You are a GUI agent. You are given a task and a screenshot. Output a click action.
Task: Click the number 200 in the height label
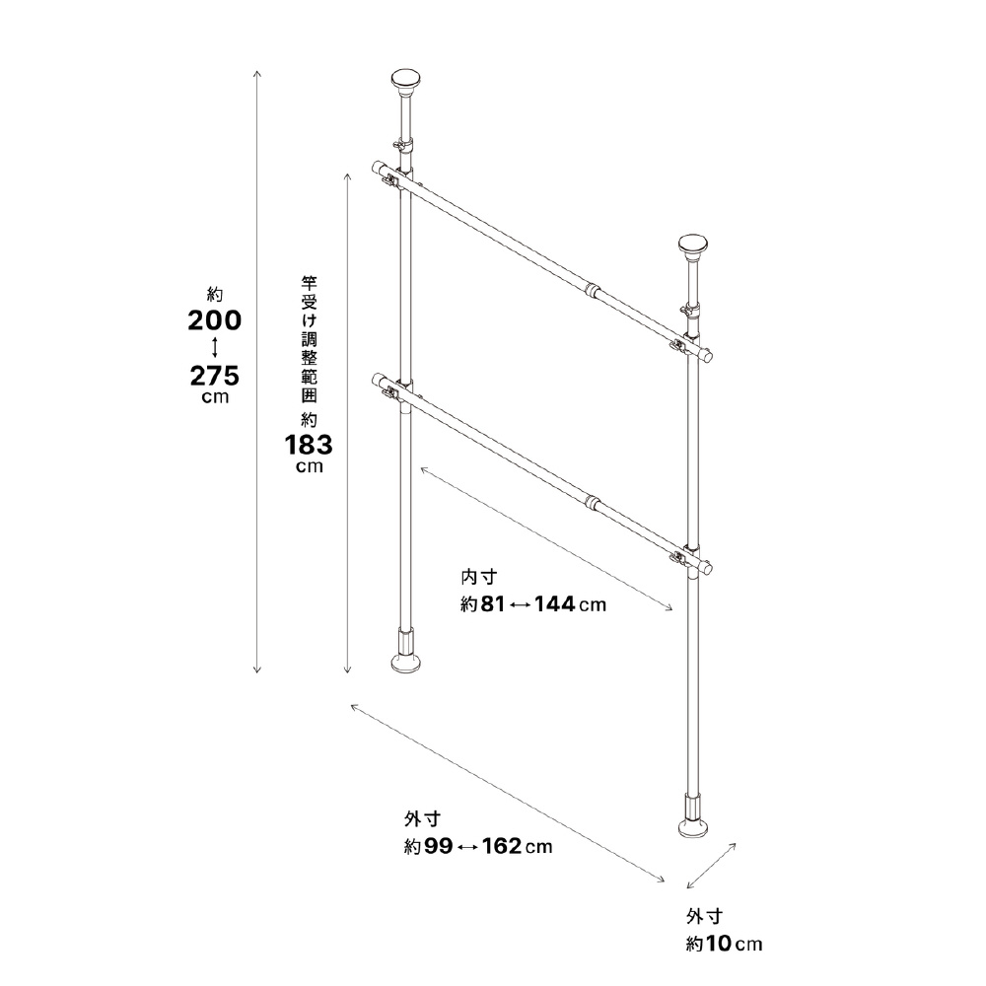tap(214, 320)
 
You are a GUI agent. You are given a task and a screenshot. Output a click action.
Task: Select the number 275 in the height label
tap(215, 376)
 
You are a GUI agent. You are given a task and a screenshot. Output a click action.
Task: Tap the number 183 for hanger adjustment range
tap(309, 446)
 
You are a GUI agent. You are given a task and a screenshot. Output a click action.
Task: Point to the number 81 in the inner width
tap(493, 604)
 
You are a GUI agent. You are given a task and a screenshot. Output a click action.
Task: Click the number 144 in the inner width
tap(554, 604)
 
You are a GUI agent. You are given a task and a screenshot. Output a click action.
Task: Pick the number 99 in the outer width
tap(439, 846)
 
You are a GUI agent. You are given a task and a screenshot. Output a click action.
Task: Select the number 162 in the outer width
tap(502, 846)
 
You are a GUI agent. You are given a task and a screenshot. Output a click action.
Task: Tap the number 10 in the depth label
tap(718, 944)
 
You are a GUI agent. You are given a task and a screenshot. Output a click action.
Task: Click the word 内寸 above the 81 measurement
tap(479, 577)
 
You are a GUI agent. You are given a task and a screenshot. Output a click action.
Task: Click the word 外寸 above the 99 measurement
tap(423, 818)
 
